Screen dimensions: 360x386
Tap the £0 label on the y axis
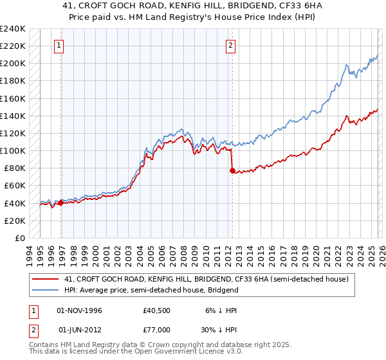20,238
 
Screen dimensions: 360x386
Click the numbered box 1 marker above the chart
59,46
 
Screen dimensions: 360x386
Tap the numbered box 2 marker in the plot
230,46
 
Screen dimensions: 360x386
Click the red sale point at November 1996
60,203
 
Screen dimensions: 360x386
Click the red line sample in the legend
46,280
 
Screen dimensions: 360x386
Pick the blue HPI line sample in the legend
46,290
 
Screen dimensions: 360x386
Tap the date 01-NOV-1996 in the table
84,310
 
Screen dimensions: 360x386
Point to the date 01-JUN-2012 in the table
84,332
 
